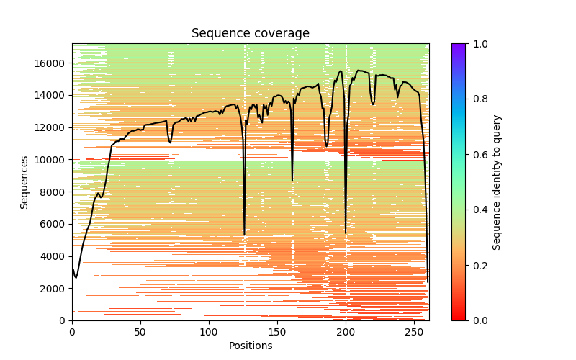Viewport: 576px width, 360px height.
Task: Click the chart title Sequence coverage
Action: tap(250, 34)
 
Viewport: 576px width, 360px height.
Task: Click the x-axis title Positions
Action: tap(250, 346)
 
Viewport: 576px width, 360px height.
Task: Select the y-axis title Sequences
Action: tap(24, 182)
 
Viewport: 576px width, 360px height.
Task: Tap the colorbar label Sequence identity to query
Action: tap(497, 182)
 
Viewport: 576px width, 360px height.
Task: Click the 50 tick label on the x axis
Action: tap(140, 332)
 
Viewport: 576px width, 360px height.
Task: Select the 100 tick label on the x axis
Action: tap(209, 332)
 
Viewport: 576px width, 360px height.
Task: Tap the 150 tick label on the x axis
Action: tap(277, 332)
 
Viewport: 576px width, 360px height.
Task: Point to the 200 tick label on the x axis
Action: tap(346, 332)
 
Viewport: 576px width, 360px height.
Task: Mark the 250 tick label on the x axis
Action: tap(414, 332)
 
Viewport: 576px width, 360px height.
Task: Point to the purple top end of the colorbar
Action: tap(459, 46)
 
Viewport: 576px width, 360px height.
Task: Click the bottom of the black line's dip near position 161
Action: tap(292, 180)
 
